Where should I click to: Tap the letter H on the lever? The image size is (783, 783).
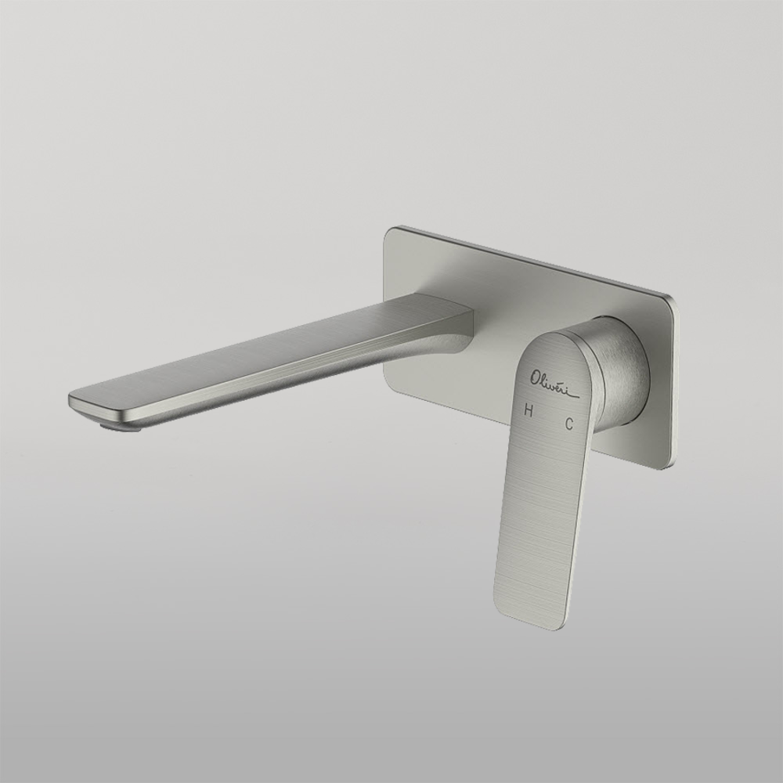pos(529,410)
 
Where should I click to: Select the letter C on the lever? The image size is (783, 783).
pos(569,424)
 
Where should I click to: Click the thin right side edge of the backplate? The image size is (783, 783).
pos(674,384)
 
